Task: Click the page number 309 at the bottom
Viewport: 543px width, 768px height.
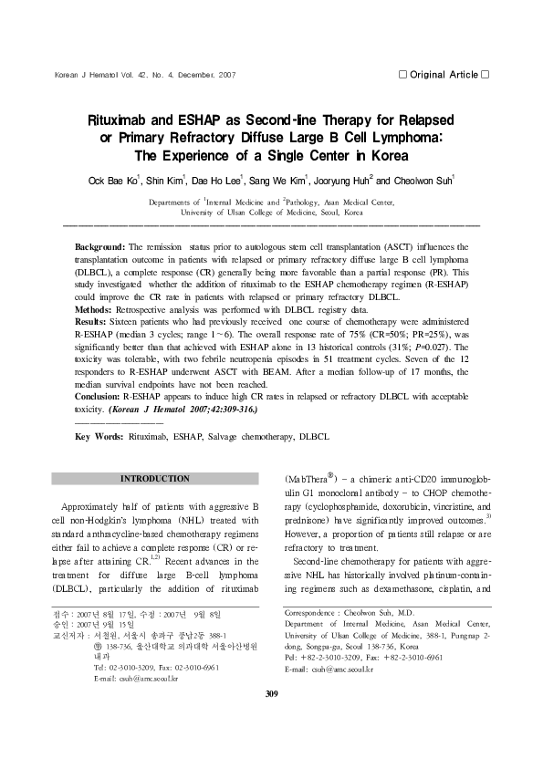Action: [271, 721]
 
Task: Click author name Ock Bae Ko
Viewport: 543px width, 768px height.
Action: [138, 181]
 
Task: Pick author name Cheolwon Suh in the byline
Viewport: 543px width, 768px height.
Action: [426, 181]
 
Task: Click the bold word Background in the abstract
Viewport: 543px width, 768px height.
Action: [99, 247]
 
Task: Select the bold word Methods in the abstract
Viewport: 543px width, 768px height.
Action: [95, 310]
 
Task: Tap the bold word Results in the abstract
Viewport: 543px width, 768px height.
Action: [93, 323]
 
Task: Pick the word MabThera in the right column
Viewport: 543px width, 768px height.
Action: [315, 478]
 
